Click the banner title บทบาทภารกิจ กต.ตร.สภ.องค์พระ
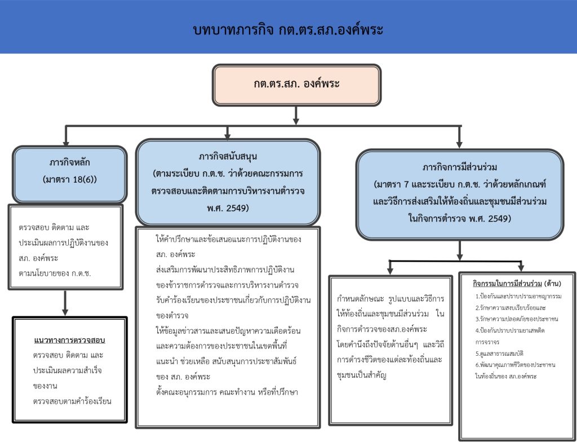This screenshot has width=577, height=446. [x=288, y=29]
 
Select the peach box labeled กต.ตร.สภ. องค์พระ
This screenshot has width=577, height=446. [x=296, y=85]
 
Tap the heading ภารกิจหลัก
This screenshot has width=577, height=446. [x=69, y=162]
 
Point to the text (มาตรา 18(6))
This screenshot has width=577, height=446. [x=69, y=179]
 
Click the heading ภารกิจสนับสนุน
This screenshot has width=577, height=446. [x=228, y=157]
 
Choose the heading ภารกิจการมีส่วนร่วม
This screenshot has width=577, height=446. [x=460, y=167]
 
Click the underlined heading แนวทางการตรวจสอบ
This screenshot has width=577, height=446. [x=69, y=340]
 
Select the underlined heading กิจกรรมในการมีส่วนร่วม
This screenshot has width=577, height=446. [x=507, y=284]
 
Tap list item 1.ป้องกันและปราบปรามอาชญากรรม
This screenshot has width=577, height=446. [x=518, y=296]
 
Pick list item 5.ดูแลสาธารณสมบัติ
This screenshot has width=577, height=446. [x=499, y=354]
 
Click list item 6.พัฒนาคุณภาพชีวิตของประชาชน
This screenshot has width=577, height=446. [x=515, y=365]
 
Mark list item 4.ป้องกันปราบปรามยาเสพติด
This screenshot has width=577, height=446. [x=509, y=330]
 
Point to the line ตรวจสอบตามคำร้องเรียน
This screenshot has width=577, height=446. [x=72, y=401]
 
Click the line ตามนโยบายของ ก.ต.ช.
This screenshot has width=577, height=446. [x=55, y=273]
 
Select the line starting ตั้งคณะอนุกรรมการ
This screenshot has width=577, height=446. [x=227, y=392]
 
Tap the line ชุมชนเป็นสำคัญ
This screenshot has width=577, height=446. [x=361, y=376]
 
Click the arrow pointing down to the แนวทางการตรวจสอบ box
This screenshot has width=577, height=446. [x=65, y=303]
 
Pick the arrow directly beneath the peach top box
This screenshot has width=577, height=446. [x=296, y=115]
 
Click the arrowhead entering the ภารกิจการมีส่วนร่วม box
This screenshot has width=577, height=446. [x=459, y=144]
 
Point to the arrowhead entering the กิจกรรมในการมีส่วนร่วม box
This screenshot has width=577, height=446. [x=521, y=267]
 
